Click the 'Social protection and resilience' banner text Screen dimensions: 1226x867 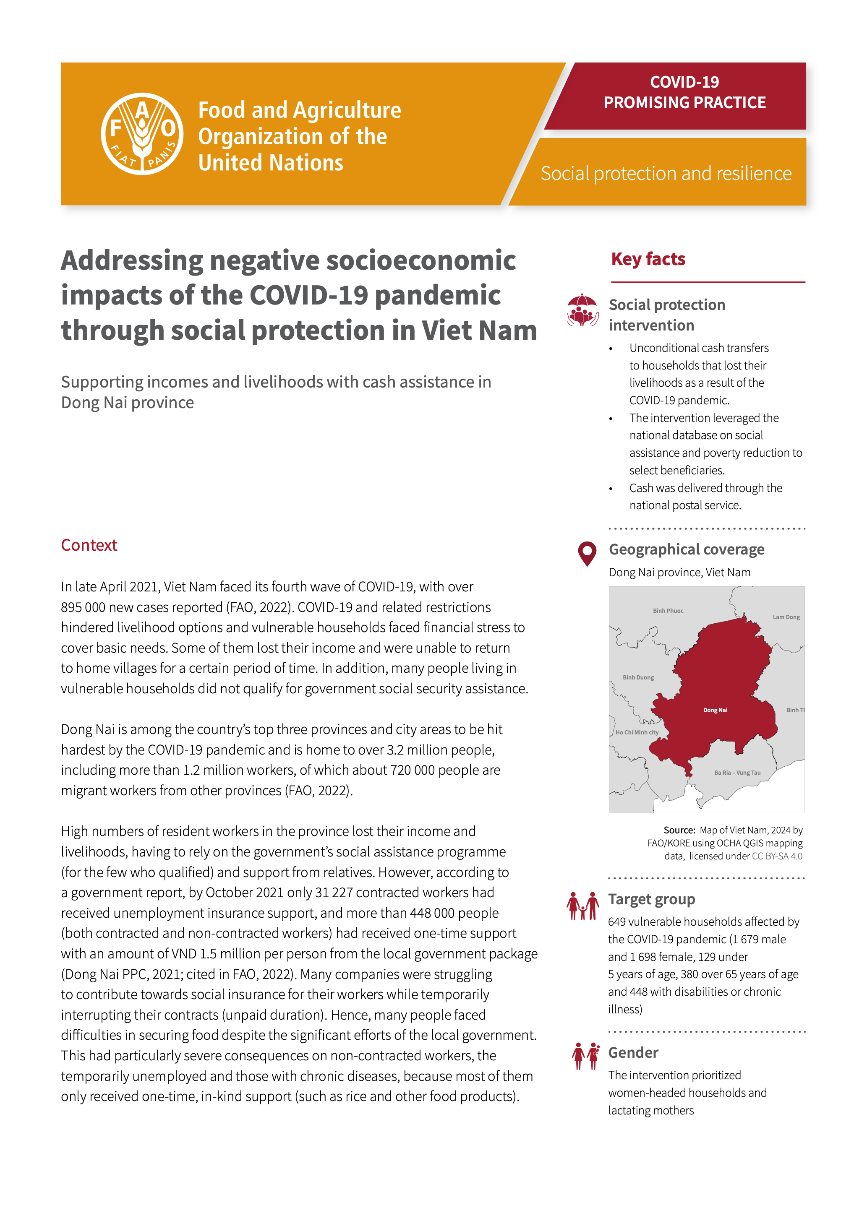tap(666, 174)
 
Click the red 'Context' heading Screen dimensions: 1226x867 tap(89, 545)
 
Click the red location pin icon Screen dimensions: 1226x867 tap(587, 554)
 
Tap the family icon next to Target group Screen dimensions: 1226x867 tap(582, 906)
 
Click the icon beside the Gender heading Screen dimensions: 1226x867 tap(585, 1056)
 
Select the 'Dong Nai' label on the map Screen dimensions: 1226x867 tap(715, 710)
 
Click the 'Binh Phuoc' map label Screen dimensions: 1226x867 tap(668, 611)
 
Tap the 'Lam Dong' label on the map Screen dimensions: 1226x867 tap(786, 617)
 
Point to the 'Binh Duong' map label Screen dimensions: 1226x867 tap(638, 678)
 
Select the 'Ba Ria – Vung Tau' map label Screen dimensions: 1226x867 tap(737, 773)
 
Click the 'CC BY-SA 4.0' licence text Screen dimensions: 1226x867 tap(777, 856)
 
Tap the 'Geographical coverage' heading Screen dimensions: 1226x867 tap(687, 549)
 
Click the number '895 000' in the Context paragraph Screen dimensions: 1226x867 tap(83, 608)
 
